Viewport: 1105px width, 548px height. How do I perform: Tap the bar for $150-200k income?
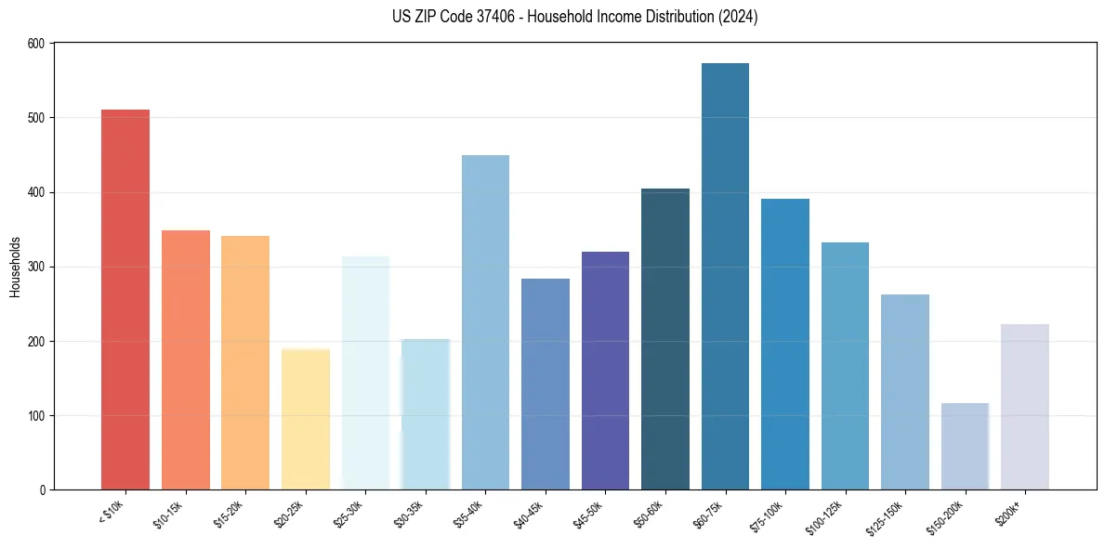[x=965, y=447]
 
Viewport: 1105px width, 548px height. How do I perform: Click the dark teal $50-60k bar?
[x=665, y=339]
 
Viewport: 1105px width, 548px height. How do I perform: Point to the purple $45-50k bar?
[x=605, y=371]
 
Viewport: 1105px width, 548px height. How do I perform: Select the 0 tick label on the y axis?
[x=45, y=489]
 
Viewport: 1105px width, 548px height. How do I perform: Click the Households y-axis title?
[x=16, y=267]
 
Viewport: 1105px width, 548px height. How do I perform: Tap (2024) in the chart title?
[x=739, y=17]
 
